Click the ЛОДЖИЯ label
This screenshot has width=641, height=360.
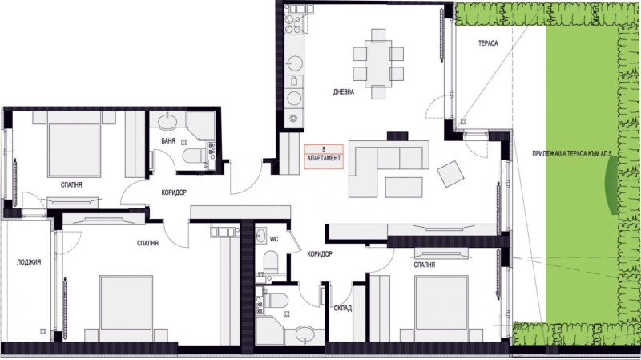coord(27,262)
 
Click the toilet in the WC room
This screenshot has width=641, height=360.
coord(270,261)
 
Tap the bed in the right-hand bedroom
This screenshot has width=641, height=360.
coord(441,305)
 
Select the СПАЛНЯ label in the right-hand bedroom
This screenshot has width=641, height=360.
coord(425,263)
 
